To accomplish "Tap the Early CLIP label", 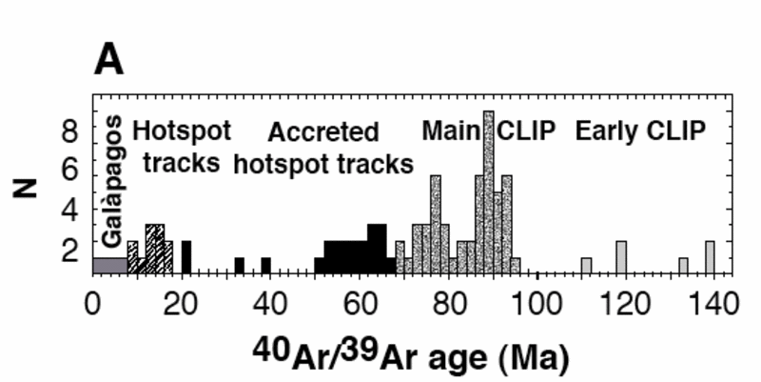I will [641, 131].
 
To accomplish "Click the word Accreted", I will [323, 131].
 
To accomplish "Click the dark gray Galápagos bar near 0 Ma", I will [109, 265].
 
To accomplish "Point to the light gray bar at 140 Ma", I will [710, 257].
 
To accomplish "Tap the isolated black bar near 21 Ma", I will [186, 257].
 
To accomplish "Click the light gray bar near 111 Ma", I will [586, 265].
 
